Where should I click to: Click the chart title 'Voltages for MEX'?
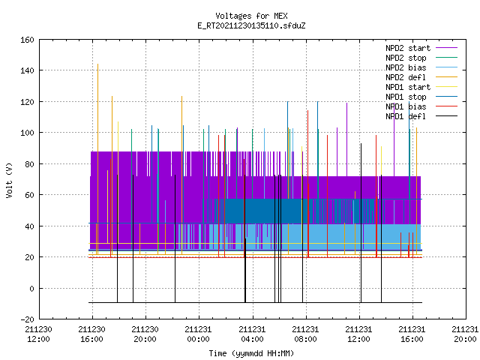click(251, 16)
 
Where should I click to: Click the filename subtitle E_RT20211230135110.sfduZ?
click(251, 25)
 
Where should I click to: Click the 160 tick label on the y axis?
click(27, 40)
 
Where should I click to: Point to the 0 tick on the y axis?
click(31, 288)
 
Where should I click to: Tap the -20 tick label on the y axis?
click(27, 319)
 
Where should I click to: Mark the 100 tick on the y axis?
click(27, 133)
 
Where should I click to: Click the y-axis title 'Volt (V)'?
click(9, 180)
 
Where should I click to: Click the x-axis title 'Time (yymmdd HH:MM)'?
click(251, 353)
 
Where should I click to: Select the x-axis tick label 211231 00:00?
click(198, 334)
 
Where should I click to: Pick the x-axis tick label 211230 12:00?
click(38, 334)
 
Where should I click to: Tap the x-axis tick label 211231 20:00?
click(465, 334)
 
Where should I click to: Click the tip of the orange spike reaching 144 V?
click(97, 64)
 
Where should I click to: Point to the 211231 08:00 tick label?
click(305, 334)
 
